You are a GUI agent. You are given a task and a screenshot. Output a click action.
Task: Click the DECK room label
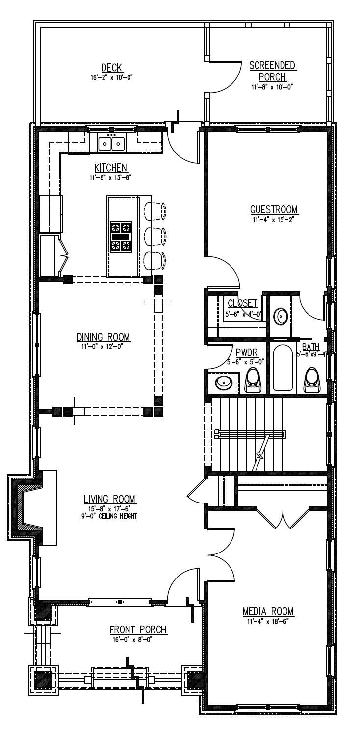pos(111,68)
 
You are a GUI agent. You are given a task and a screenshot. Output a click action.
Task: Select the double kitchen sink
pos(111,144)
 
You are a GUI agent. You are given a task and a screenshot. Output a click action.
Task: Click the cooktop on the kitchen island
pos(121,236)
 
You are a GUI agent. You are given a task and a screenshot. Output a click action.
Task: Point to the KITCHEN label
pos(111,168)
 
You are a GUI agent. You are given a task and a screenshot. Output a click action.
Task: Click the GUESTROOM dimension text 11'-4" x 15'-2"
pos(274,219)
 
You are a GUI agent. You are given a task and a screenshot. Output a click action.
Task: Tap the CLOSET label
pos(242,303)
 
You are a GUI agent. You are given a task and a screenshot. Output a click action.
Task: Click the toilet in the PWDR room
pos(253,380)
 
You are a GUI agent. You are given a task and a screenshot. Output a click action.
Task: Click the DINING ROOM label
pos(103,337)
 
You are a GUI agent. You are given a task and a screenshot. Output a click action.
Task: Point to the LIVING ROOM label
pos(110,499)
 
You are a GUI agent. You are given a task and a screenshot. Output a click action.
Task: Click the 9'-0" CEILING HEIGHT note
pos(110,516)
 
